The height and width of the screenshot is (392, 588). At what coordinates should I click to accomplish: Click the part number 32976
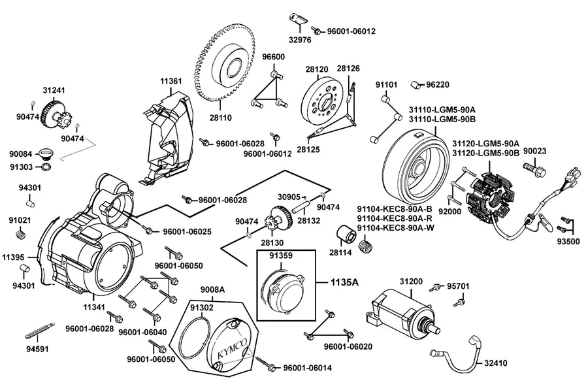(300, 40)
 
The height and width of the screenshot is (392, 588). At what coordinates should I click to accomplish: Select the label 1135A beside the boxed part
(344, 282)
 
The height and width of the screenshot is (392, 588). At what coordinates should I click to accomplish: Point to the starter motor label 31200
(411, 282)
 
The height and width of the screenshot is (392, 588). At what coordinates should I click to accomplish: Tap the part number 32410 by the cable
(495, 363)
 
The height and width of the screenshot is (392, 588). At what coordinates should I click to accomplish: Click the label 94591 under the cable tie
(37, 349)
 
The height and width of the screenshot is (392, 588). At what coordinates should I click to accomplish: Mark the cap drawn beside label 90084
(47, 154)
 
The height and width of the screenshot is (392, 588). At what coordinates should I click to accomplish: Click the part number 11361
(171, 81)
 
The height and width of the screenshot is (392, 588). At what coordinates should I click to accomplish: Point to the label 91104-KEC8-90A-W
(396, 228)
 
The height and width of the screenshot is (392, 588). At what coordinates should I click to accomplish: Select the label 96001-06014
(307, 368)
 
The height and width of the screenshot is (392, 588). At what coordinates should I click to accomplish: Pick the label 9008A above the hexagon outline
(212, 289)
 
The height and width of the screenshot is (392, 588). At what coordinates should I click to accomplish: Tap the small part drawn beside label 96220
(417, 84)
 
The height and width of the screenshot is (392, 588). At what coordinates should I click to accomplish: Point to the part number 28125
(308, 150)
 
